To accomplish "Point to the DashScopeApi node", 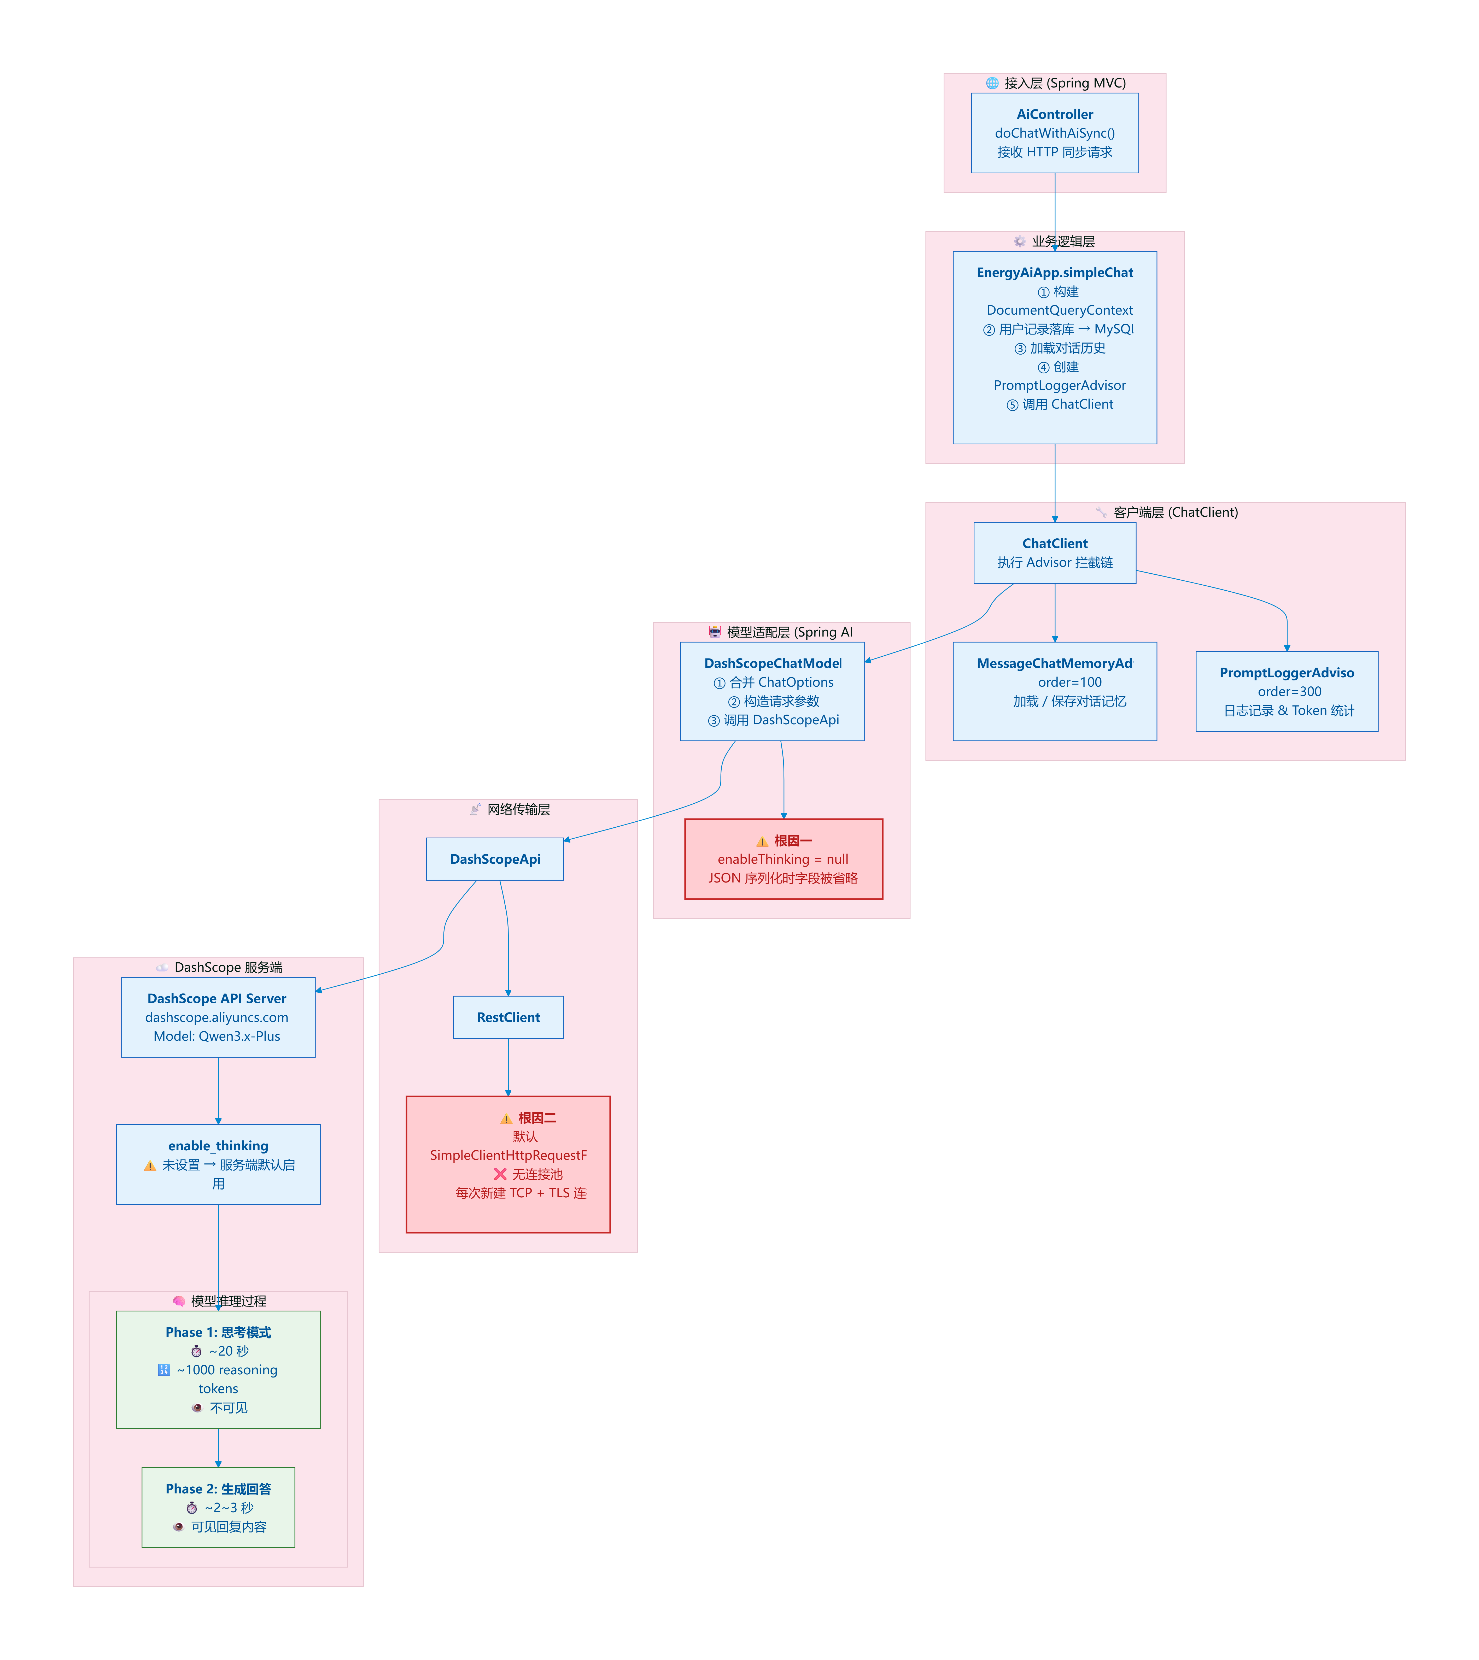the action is [495, 859].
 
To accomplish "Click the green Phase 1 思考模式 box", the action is [218, 1369].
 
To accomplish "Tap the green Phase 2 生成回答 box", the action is [218, 1507].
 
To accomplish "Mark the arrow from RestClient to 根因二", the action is [508, 1067].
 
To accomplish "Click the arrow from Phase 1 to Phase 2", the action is [218, 1448].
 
